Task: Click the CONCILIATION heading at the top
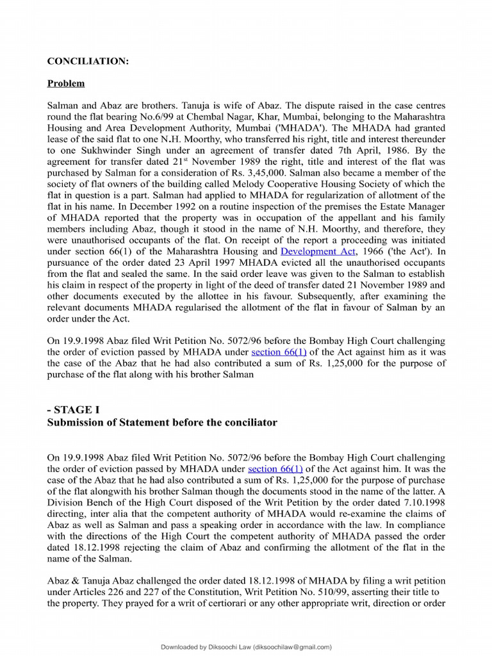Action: click(x=88, y=61)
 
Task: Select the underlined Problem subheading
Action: click(x=66, y=83)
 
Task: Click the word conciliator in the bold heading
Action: click(x=249, y=422)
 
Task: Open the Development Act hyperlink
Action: click(x=318, y=252)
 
